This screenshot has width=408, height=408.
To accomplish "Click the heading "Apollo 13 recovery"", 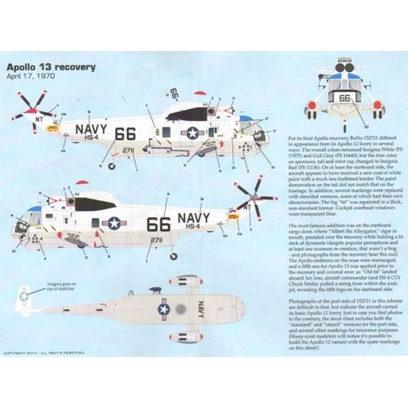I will [50, 67].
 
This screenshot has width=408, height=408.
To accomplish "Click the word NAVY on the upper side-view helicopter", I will [92, 129].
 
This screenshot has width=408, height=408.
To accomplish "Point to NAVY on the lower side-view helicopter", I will [194, 218].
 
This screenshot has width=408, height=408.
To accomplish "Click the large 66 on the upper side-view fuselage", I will [125, 134].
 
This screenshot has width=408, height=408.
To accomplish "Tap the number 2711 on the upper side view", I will [128, 150].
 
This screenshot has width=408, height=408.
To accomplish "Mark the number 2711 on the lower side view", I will [157, 240].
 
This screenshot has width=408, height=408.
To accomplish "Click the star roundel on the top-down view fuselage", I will [164, 309].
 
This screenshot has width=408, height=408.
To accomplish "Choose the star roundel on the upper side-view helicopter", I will [193, 133].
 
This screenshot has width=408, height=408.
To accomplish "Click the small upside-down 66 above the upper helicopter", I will [174, 94].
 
